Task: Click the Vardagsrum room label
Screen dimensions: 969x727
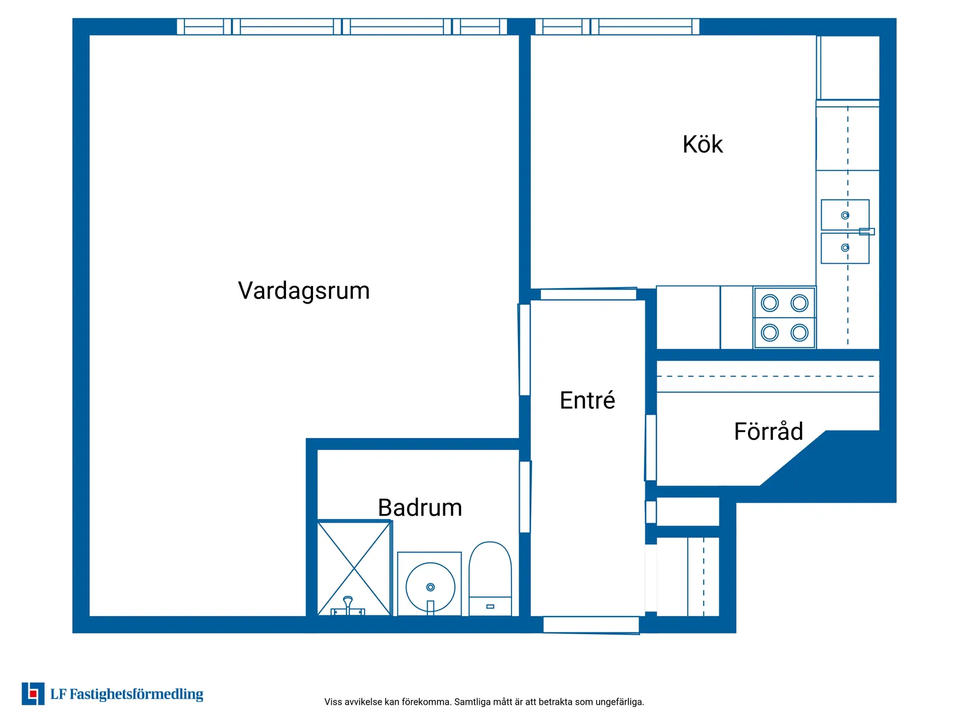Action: click(304, 291)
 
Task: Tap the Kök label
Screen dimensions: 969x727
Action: click(702, 144)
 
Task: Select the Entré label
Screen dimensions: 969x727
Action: click(587, 400)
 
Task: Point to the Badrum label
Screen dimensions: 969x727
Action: click(420, 507)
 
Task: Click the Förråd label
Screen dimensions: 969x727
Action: click(768, 431)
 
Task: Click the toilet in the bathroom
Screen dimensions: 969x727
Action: click(490, 578)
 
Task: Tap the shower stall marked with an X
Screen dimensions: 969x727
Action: click(354, 568)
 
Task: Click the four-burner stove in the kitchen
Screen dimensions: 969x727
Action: click(784, 318)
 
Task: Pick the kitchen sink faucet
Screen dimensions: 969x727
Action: click(867, 231)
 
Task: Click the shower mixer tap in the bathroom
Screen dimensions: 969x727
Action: click(348, 606)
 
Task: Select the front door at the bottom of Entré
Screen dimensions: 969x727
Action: click(591, 625)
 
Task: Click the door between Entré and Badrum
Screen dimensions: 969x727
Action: click(524, 496)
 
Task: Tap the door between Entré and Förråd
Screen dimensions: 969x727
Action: click(651, 447)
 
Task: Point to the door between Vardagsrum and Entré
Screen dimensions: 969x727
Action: click(524, 349)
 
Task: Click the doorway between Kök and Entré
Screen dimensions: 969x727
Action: click(588, 294)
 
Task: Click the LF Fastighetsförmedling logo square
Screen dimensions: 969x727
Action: click(33, 694)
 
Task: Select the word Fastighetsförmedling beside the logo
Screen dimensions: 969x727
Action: click(136, 694)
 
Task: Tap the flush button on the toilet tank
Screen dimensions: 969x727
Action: click(490, 607)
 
